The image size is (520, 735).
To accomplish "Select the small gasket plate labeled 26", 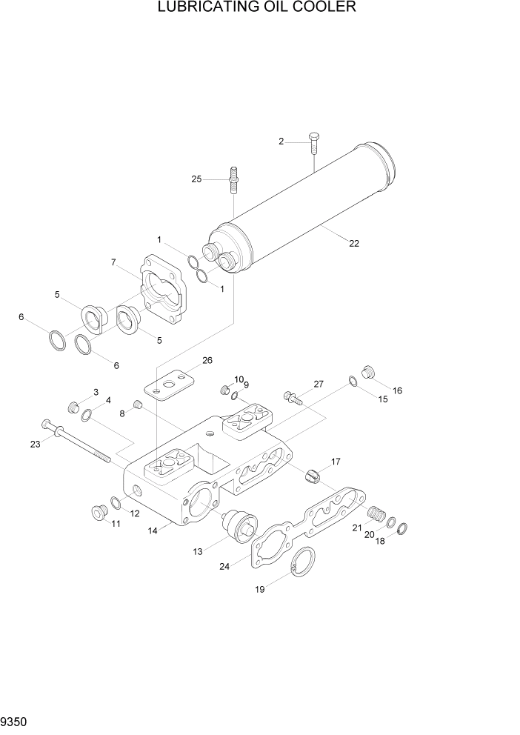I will coord(168,385).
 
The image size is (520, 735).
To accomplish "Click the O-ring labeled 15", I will coord(353,382).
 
